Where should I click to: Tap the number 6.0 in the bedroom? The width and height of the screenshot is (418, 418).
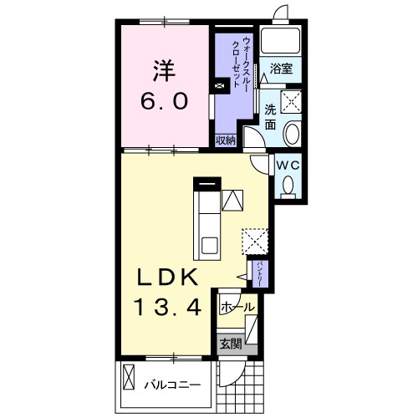tap(164, 101)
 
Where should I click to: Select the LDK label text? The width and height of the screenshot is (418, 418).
tap(167, 278)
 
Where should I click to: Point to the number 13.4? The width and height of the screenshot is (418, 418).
tap(168, 307)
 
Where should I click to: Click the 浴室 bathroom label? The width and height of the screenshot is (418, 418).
tap(281, 69)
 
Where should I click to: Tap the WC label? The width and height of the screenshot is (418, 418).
tap(288, 166)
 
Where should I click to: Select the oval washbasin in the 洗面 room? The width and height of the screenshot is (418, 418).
tap(292, 134)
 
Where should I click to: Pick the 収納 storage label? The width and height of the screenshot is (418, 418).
tap(226, 140)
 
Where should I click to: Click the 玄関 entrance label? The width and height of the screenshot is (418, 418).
tap(231, 344)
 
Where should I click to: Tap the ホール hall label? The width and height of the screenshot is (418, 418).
tap(237, 308)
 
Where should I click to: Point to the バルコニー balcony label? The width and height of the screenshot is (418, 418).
tap(172, 385)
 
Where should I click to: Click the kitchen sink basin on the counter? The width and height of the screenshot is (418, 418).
tap(210, 246)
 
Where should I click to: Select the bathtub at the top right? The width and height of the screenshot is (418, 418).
tap(280, 40)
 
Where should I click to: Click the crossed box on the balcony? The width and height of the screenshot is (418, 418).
tap(129, 377)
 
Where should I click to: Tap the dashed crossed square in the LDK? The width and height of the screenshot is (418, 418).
tap(255, 242)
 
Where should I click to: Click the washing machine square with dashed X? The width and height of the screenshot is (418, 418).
tap(291, 102)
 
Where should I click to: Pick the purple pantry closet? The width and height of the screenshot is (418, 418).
tap(260, 274)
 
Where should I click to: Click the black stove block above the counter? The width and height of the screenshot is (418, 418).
tap(207, 184)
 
